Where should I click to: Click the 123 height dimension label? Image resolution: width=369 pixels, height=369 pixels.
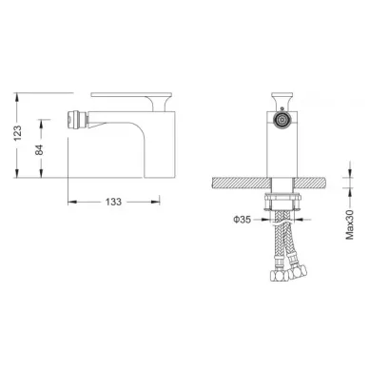point(18,133)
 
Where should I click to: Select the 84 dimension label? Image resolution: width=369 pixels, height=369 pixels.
point(39,150)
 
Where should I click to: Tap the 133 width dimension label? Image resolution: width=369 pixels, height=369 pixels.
point(113,202)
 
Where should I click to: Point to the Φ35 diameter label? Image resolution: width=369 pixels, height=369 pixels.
point(243,219)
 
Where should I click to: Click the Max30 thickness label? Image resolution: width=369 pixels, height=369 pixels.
point(349,224)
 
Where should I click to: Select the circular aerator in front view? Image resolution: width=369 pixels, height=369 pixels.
point(282,120)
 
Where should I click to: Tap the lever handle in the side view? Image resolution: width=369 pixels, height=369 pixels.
point(131,98)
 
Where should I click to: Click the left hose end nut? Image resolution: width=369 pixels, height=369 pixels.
point(278,275)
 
